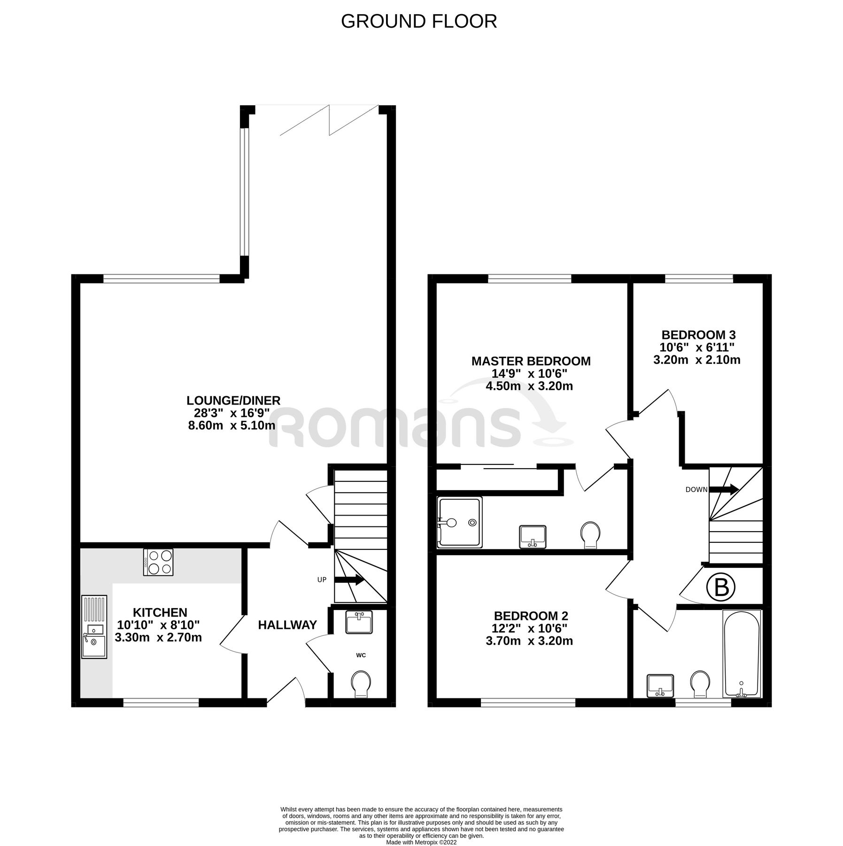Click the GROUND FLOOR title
418,22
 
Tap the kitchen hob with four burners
158,562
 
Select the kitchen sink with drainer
94,627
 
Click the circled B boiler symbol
721,588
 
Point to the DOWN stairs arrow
724,489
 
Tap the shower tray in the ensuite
459,522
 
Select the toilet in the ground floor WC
361,684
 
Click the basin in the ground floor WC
359,622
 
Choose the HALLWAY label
287,625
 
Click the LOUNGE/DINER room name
233,400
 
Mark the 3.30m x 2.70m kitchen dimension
158,638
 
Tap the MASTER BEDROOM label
531,361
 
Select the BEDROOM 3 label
698,335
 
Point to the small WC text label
361,655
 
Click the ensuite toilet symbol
590,535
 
